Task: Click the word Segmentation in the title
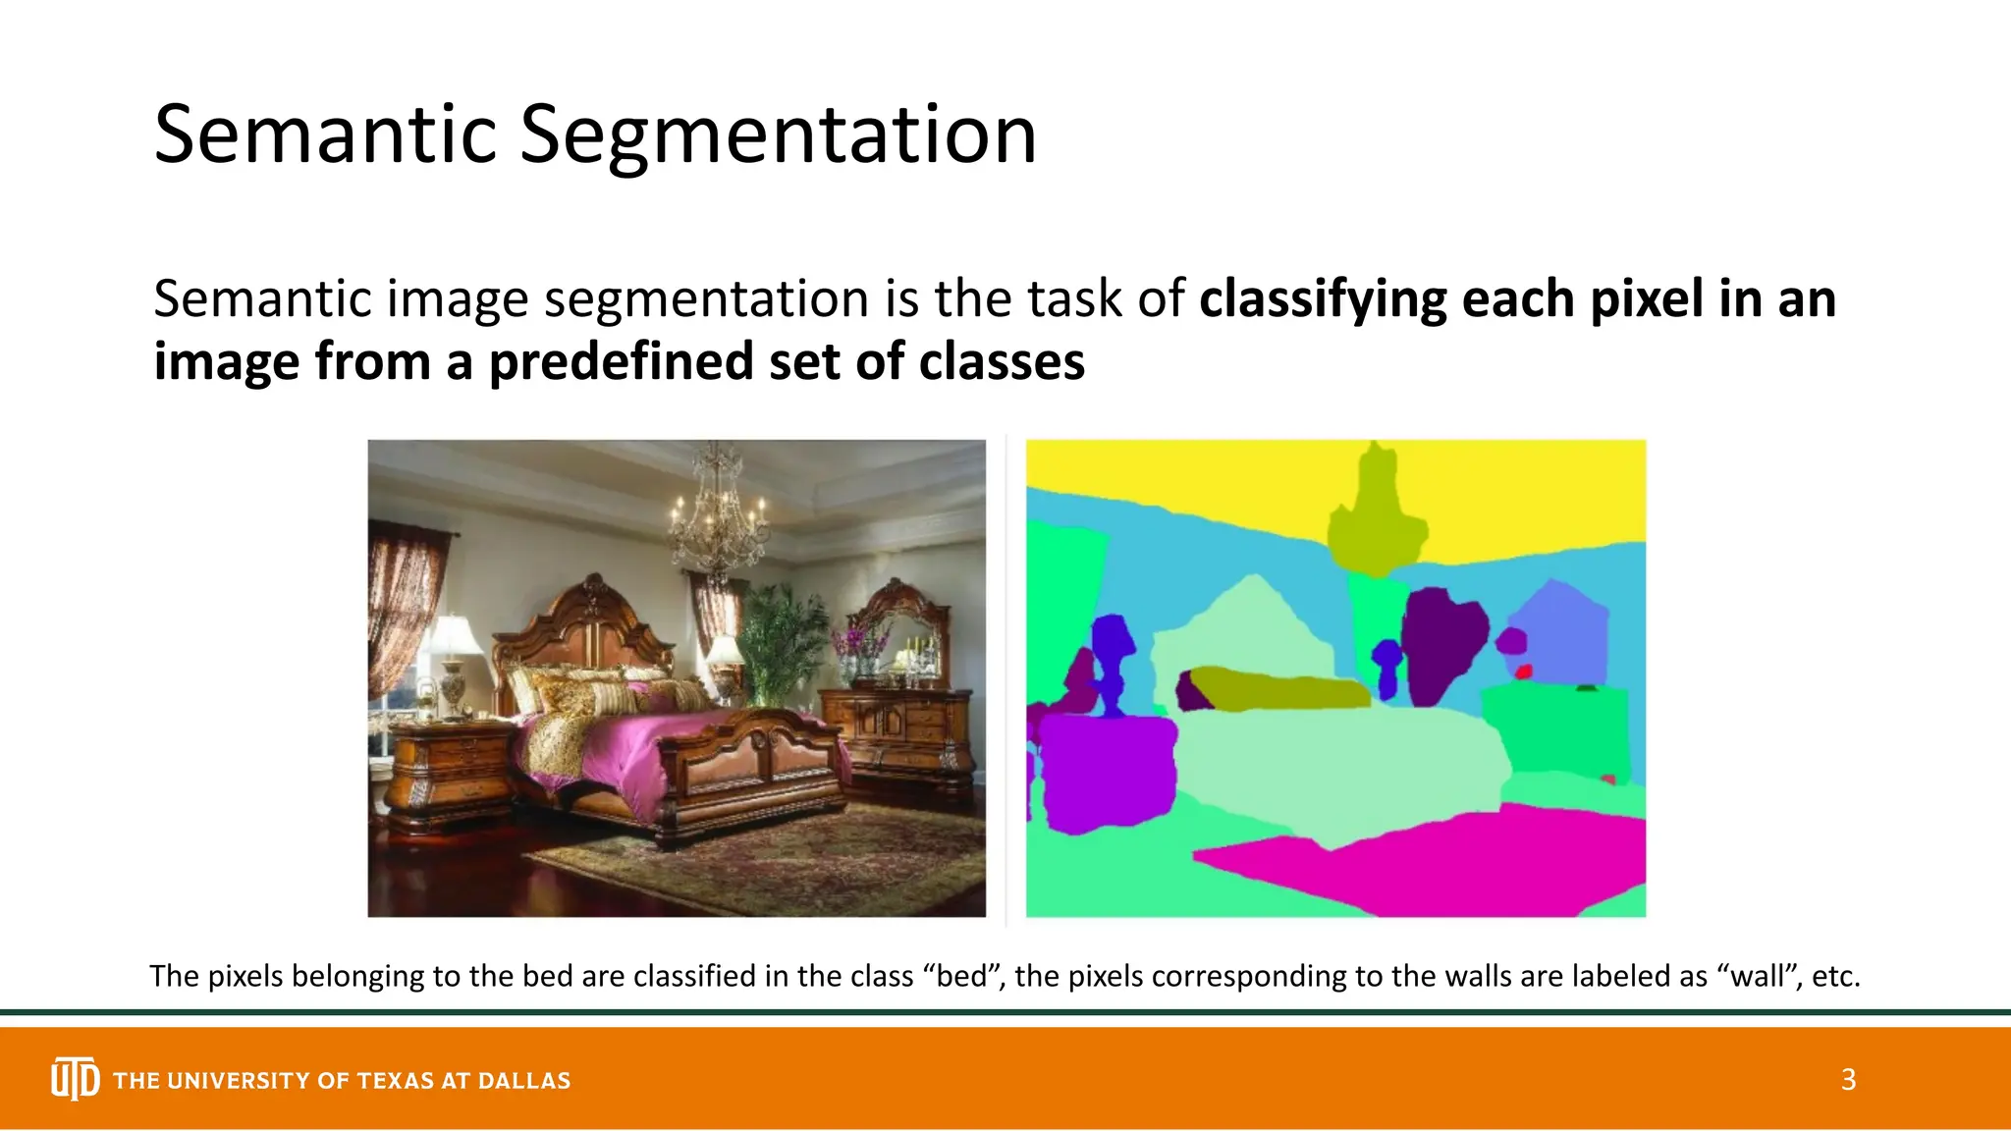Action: pyautogui.click(x=778, y=135)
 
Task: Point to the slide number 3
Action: pyautogui.click(x=1848, y=1080)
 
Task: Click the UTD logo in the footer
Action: pyautogui.click(x=75, y=1079)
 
